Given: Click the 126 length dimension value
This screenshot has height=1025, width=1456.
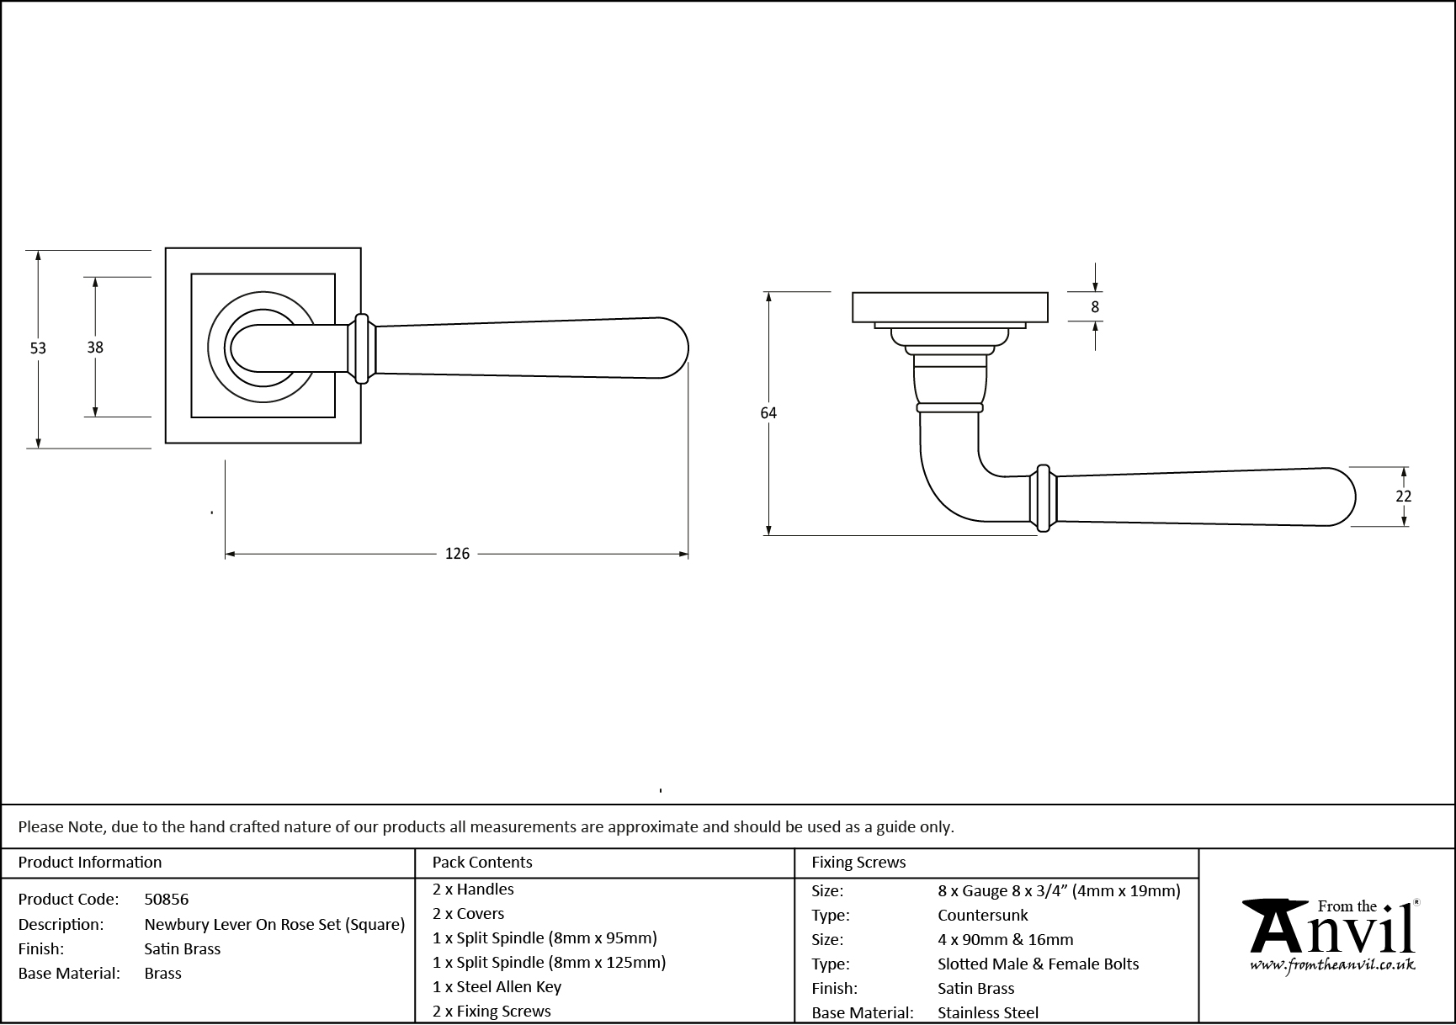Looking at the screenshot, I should (457, 554).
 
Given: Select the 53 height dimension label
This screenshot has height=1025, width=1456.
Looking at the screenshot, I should (38, 348).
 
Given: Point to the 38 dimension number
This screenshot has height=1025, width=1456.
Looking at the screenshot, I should (95, 347).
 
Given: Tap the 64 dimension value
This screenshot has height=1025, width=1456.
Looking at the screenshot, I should (768, 413).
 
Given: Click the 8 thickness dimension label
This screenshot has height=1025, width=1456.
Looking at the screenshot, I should (1095, 307).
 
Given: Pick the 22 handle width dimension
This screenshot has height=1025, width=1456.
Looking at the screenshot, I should (1403, 497).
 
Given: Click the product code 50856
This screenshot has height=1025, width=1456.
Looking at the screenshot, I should (167, 900).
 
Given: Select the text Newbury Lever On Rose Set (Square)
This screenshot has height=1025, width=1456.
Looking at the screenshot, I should (274, 924).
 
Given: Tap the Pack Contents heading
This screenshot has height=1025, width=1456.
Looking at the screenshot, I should (482, 863).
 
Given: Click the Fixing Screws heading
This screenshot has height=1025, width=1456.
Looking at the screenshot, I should (858, 863).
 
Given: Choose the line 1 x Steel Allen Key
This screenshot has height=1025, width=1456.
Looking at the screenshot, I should (497, 986).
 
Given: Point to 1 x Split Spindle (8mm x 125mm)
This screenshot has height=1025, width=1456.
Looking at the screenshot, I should (549, 962).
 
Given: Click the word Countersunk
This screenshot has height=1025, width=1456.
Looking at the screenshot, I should (983, 915).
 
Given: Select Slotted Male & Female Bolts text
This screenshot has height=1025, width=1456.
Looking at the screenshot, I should (1038, 964).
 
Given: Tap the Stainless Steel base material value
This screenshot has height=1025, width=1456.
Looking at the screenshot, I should (987, 1013).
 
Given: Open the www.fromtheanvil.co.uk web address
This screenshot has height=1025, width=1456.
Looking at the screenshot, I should (1332, 965).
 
